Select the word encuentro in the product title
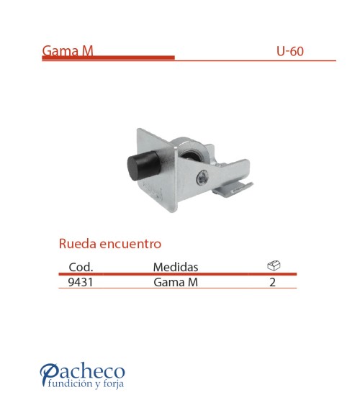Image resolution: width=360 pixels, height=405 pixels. point(131,244)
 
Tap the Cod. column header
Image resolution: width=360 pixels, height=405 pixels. point(80,268)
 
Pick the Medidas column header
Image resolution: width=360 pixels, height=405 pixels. point(176,268)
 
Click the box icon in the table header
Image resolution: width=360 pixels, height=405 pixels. point(273,265)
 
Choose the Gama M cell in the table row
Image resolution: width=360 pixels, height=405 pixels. point(175,283)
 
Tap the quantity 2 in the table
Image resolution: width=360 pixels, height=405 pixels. point(272,283)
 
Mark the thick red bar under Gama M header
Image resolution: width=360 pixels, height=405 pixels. point(108,58)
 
